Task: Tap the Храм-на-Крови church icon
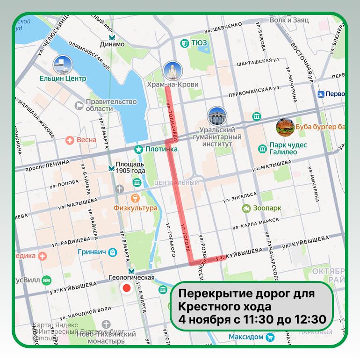pyautogui.click(x=172, y=71)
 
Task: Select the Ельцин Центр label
pyautogui.click(x=63, y=79)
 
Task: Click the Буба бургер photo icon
pyautogui.click(x=285, y=127)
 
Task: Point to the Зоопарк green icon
pyautogui.click(x=245, y=209)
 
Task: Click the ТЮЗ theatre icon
pyautogui.click(x=184, y=43)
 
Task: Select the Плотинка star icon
pyautogui.click(x=139, y=150)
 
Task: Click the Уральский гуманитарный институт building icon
pyautogui.click(x=217, y=117)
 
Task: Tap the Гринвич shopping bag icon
pyautogui.click(x=113, y=252)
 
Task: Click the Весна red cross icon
pyautogui.click(x=70, y=140)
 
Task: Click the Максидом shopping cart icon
pyautogui.click(x=270, y=337)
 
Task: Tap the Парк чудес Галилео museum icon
pyautogui.click(x=263, y=149)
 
